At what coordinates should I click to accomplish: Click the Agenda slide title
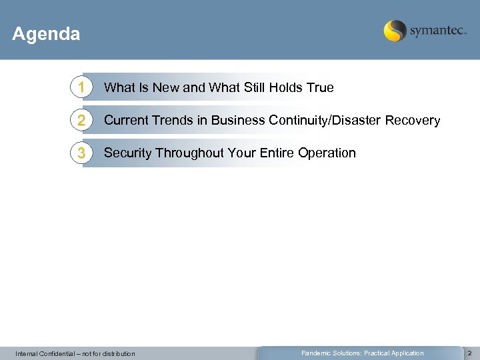46,34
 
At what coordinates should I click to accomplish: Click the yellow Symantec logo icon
395,31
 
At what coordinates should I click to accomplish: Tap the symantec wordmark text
438,31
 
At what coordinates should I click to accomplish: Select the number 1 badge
81,87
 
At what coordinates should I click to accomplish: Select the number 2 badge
81,121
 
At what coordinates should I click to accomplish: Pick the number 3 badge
81,153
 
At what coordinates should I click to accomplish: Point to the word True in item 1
319,87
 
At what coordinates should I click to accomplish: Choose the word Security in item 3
128,153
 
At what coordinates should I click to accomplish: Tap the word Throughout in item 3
190,153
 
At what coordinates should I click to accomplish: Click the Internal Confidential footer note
75,353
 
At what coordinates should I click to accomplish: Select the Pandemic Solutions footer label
362,353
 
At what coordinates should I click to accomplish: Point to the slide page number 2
469,353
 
